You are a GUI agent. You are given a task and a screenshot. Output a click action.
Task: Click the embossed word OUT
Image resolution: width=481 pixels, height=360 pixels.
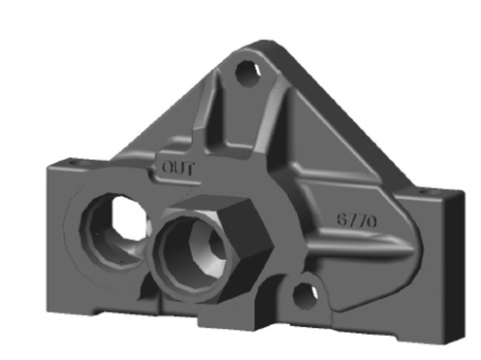178,168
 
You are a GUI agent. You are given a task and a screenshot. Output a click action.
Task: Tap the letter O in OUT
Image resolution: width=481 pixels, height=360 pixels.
168,168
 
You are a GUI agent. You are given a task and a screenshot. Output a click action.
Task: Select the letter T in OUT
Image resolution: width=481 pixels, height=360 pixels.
190,169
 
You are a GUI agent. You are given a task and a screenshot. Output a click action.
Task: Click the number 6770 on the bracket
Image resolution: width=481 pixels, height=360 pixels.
357,221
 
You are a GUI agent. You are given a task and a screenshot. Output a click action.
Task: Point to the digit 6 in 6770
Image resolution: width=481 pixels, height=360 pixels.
342,219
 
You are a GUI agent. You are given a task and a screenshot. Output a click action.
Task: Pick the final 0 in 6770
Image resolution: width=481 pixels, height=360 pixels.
371,222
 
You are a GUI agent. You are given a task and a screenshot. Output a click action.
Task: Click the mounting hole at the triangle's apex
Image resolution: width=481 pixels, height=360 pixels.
248,73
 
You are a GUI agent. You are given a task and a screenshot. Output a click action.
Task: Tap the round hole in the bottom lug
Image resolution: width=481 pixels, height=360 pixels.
305,295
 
